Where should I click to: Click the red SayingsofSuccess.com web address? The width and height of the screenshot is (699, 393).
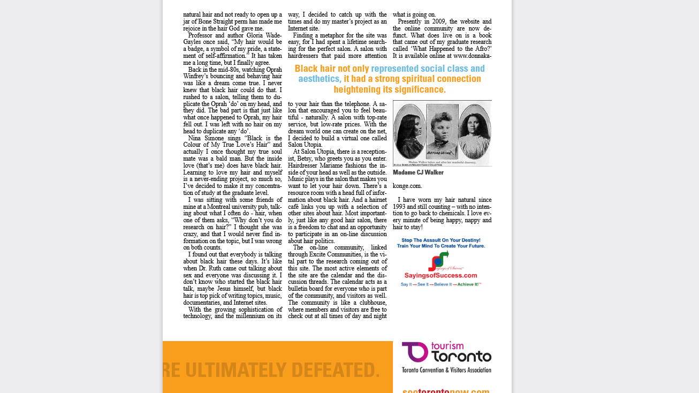[x=440, y=275]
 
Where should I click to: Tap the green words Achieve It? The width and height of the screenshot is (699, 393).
[x=469, y=284]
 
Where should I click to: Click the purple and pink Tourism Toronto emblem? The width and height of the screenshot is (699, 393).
[x=415, y=352]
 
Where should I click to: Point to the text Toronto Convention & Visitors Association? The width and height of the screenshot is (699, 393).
[x=446, y=370]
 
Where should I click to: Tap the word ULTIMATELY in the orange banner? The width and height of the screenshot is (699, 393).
[x=238, y=370]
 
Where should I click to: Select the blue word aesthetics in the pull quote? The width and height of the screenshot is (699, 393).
[x=319, y=79]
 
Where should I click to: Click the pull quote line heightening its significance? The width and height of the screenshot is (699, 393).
[x=390, y=89]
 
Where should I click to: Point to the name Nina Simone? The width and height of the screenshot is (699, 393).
[x=202, y=138]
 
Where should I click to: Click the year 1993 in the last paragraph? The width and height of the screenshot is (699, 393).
[x=400, y=207]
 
